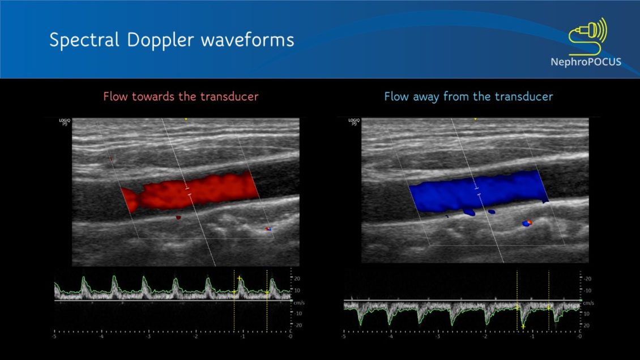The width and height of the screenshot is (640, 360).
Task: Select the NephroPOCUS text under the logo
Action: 586,62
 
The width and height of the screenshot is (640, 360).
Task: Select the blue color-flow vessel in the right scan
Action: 476,190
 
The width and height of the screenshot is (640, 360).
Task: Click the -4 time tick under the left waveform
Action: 101,337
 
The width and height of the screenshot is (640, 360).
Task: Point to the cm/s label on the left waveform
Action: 298,303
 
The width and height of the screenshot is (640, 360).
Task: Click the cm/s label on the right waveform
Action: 588,303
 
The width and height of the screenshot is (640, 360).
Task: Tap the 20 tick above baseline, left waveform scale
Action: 297,278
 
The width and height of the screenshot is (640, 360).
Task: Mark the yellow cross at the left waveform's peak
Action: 240,278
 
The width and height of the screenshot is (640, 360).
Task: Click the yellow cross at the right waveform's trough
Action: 523,327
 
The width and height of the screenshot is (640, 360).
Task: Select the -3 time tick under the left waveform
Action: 148,337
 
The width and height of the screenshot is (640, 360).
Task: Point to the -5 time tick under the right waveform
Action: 343,337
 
